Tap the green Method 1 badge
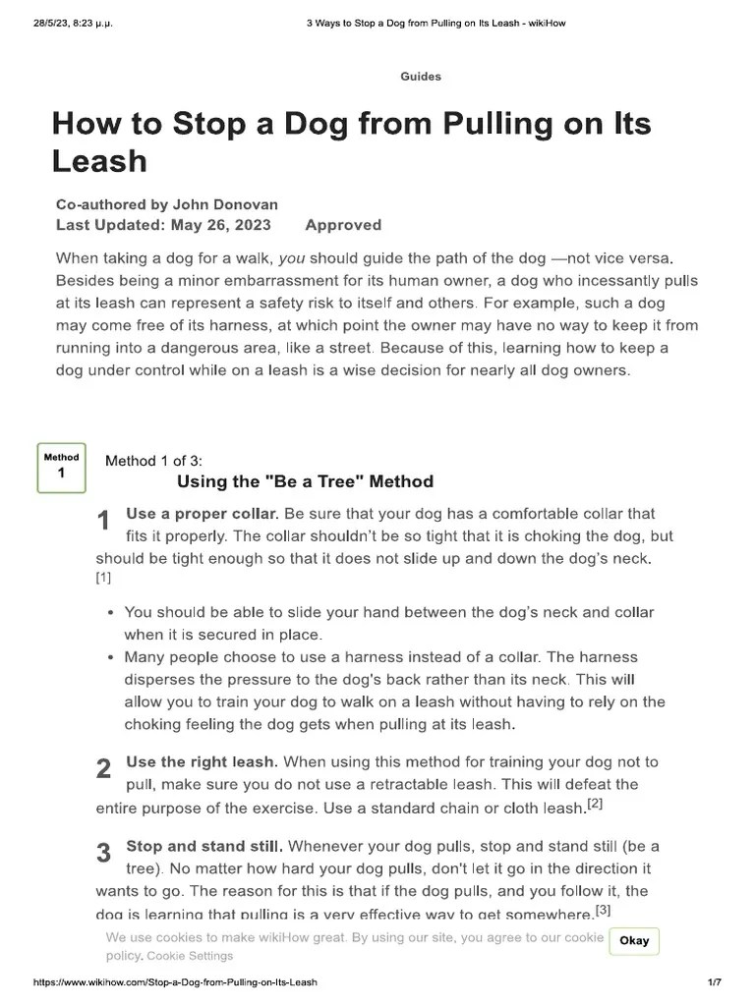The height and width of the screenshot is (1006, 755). pyautogui.click(x=61, y=466)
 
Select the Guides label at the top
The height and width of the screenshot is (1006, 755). pyautogui.click(x=421, y=77)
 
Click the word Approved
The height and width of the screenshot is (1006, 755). pyautogui.click(x=343, y=225)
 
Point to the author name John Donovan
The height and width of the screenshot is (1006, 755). pyautogui.click(x=225, y=204)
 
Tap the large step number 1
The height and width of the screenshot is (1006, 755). pyautogui.click(x=103, y=522)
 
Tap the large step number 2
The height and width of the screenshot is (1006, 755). pyautogui.click(x=103, y=770)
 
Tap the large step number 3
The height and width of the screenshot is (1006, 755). pyautogui.click(x=103, y=854)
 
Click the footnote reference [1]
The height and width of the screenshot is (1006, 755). pyautogui.click(x=103, y=579)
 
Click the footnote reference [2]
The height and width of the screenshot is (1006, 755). pyautogui.click(x=595, y=805)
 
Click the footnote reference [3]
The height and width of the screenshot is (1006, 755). pyautogui.click(x=603, y=911)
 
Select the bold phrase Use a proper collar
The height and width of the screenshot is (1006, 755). pyautogui.click(x=203, y=514)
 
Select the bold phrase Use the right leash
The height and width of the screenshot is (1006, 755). pyautogui.click(x=203, y=762)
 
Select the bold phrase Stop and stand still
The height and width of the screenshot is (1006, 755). pyautogui.click(x=204, y=846)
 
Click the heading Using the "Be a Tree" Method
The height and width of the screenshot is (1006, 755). pyautogui.click(x=305, y=481)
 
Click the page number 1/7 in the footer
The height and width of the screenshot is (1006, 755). pyautogui.click(x=715, y=982)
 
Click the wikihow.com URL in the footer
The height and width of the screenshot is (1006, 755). pyautogui.click(x=176, y=982)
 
